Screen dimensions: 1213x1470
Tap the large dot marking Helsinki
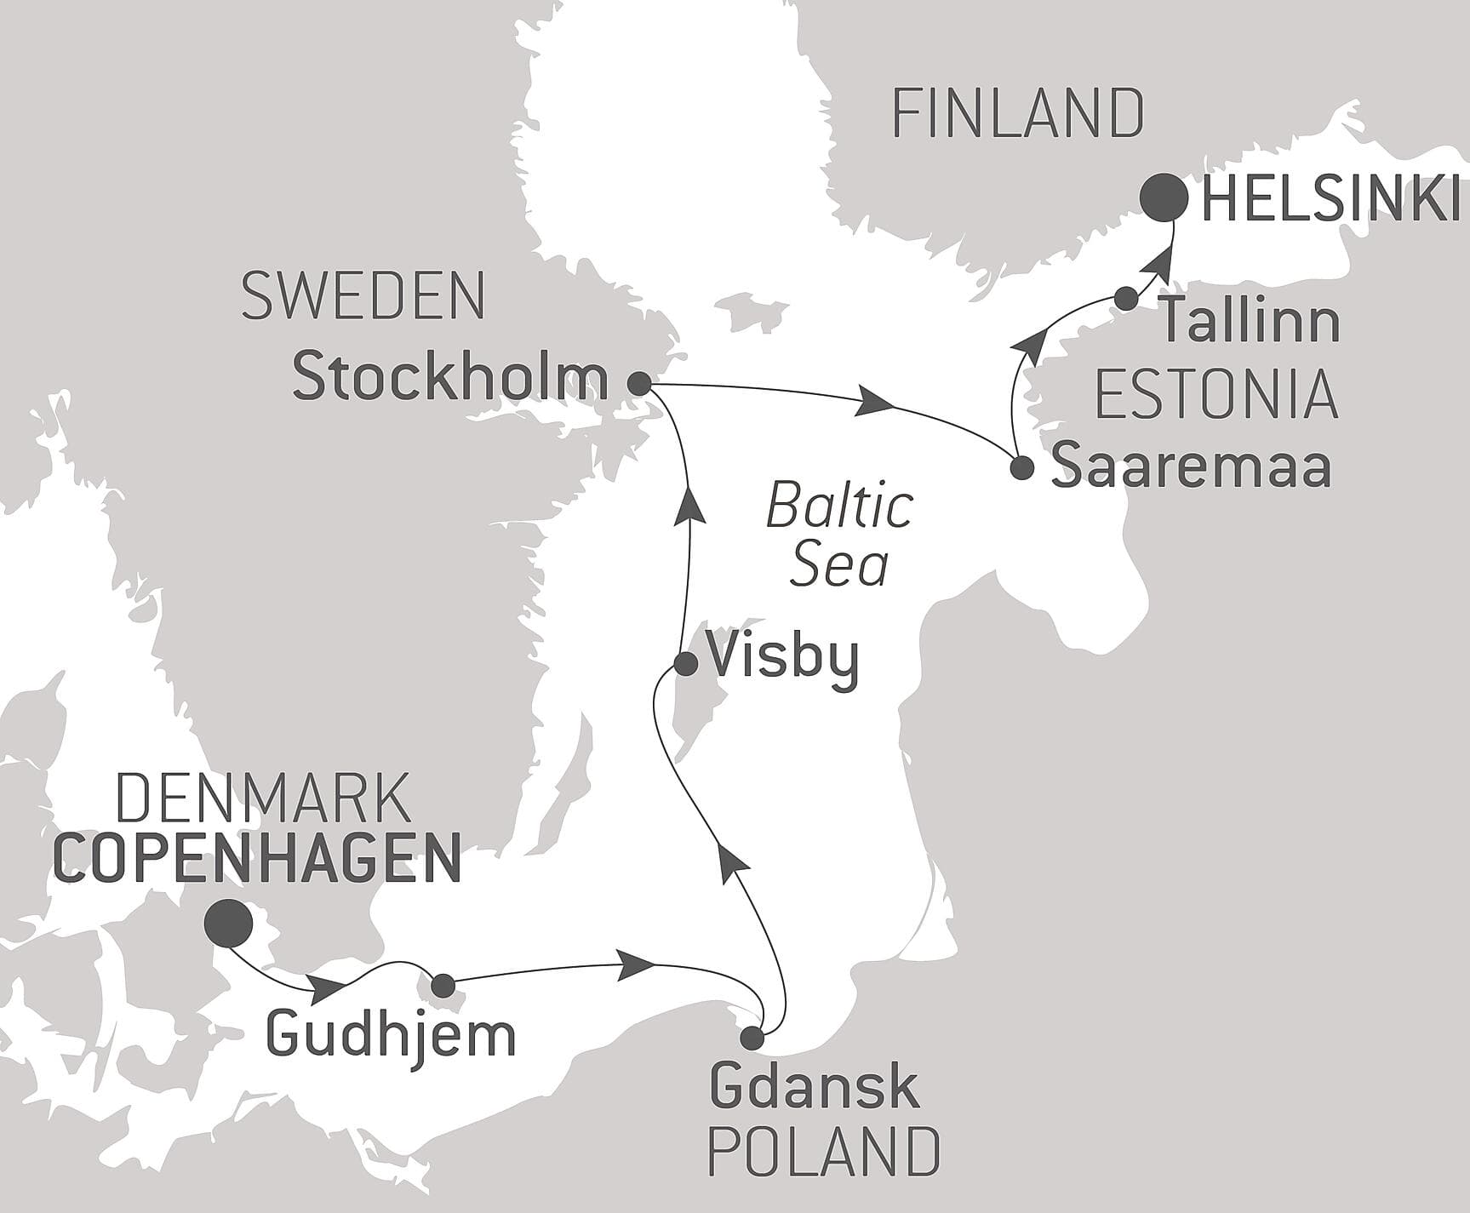click(1164, 197)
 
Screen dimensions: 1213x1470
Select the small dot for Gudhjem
click(443, 986)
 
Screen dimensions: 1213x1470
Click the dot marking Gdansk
click(752, 1038)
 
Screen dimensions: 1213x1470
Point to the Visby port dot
click(686, 663)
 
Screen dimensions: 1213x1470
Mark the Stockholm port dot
click(639, 384)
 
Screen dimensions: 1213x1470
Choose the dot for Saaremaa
click(1021, 467)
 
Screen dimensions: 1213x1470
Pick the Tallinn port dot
click(1126, 298)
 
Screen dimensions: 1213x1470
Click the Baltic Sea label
click(839, 536)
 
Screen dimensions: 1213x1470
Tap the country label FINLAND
click(1017, 114)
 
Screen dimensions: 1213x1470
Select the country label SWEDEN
click(363, 296)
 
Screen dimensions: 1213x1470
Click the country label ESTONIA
click(1216, 395)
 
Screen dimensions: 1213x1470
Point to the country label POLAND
click(824, 1153)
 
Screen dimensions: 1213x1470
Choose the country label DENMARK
click(262, 798)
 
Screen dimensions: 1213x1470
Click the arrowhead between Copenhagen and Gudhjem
click(329, 989)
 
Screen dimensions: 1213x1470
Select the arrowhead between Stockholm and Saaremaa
click(877, 401)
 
